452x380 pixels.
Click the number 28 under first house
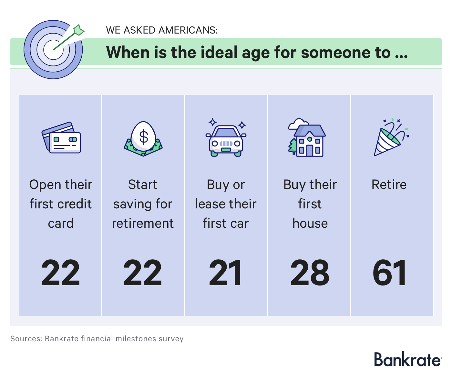(x=310, y=272)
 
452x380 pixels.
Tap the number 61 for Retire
(x=389, y=272)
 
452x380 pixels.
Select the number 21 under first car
(x=225, y=272)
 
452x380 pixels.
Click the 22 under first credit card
(x=60, y=272)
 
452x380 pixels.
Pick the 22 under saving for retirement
(x=142, y=272)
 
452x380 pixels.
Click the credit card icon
(x=61, y=137)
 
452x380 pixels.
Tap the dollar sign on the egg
(x=144, y=137)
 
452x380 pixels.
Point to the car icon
(x=226, y=137)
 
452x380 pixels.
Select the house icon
(x=307, y=137)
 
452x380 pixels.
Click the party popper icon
(x=391, y=137)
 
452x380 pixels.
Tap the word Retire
(x=389, y=185)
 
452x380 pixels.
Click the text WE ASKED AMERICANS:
(x=161, y=30)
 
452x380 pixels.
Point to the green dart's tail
(x=79, y=30)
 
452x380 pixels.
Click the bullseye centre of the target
(x=53, y=50)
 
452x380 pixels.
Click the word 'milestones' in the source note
(x=136, y=339)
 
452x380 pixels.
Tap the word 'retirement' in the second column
(x=143, y=223)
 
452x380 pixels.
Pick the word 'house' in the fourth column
(x=310, y=223)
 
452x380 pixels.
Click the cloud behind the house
(x=298, y=124)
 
